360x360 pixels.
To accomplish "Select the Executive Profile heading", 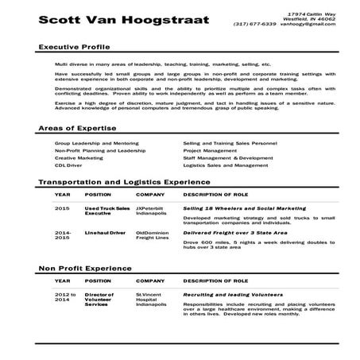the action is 73,48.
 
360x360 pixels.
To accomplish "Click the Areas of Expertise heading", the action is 77,128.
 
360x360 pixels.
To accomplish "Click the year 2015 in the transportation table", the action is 62,207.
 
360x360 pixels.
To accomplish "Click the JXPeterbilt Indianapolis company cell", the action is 151,209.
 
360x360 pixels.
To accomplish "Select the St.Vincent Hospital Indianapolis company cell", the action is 151,299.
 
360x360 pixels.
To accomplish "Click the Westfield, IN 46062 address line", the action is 305,19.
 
